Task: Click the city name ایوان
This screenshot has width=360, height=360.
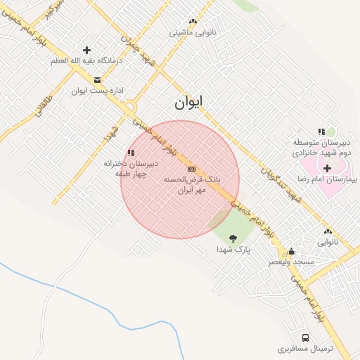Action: [x=188, y=103]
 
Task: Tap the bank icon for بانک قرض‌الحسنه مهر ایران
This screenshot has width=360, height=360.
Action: [x=191, y=169]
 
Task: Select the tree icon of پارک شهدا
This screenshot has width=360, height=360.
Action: [x=233, y=238]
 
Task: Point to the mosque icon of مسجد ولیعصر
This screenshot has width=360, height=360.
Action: [x=291, y=252]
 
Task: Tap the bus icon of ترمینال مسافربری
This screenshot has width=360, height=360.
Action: [x=305, y=337]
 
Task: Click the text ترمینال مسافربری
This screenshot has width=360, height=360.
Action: [x=304, y=349]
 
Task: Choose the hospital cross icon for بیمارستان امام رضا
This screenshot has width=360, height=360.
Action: [x=328, y=168]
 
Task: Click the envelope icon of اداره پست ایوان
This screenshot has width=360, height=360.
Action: [x=97, y=79]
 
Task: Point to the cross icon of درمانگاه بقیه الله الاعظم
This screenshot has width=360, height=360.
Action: [x=86, y=50]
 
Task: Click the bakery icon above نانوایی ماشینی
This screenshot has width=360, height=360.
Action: [x=193, y=22]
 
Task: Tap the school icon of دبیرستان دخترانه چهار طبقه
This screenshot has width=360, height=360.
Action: [x=131, y=153]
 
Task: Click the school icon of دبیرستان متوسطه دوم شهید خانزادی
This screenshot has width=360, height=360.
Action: [x=321, y=131]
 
